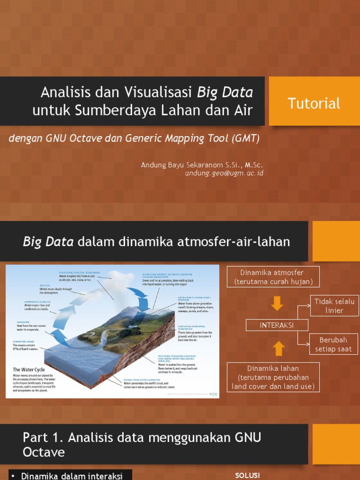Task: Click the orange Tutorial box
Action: pos(314,103)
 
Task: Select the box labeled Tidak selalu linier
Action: pos(334,306)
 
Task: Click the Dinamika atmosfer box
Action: pos(273,277)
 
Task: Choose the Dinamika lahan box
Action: pos(273,377)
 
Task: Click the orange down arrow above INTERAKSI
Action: pos(277,304)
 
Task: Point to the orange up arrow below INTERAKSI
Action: pos(278,348)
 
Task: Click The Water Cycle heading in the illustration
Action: pos(29,369)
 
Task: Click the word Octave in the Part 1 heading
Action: pos(44,452)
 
